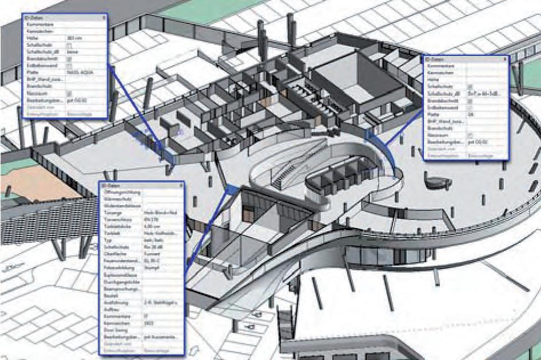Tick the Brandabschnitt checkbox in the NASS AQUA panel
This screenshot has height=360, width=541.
pos(70,58)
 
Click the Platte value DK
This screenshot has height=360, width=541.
pos(470,114)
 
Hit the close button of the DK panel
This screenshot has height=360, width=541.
pos(504,59)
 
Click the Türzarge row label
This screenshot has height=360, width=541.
pos(109,211)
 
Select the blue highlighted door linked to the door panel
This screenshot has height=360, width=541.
pos(231,189)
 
